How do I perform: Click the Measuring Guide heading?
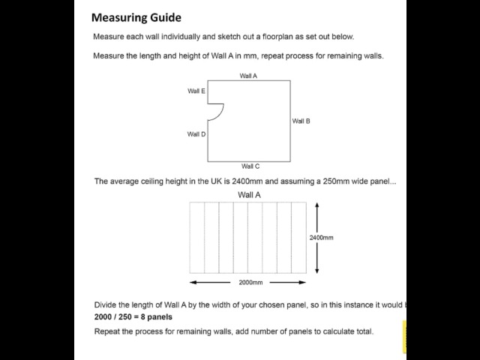[136, 17]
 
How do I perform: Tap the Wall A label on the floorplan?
[248, 76]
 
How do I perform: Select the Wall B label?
[301, 121]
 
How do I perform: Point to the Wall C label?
[250, 166]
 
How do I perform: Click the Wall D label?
[196, 134]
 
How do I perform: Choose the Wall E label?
[196, 91]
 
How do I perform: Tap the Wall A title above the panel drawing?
[249, 194]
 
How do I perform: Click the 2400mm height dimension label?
[321, 238]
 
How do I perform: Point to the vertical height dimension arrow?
[318, 240]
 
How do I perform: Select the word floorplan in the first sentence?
[272, 37]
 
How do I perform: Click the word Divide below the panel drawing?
[107, 304]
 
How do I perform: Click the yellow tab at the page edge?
[404, 337]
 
